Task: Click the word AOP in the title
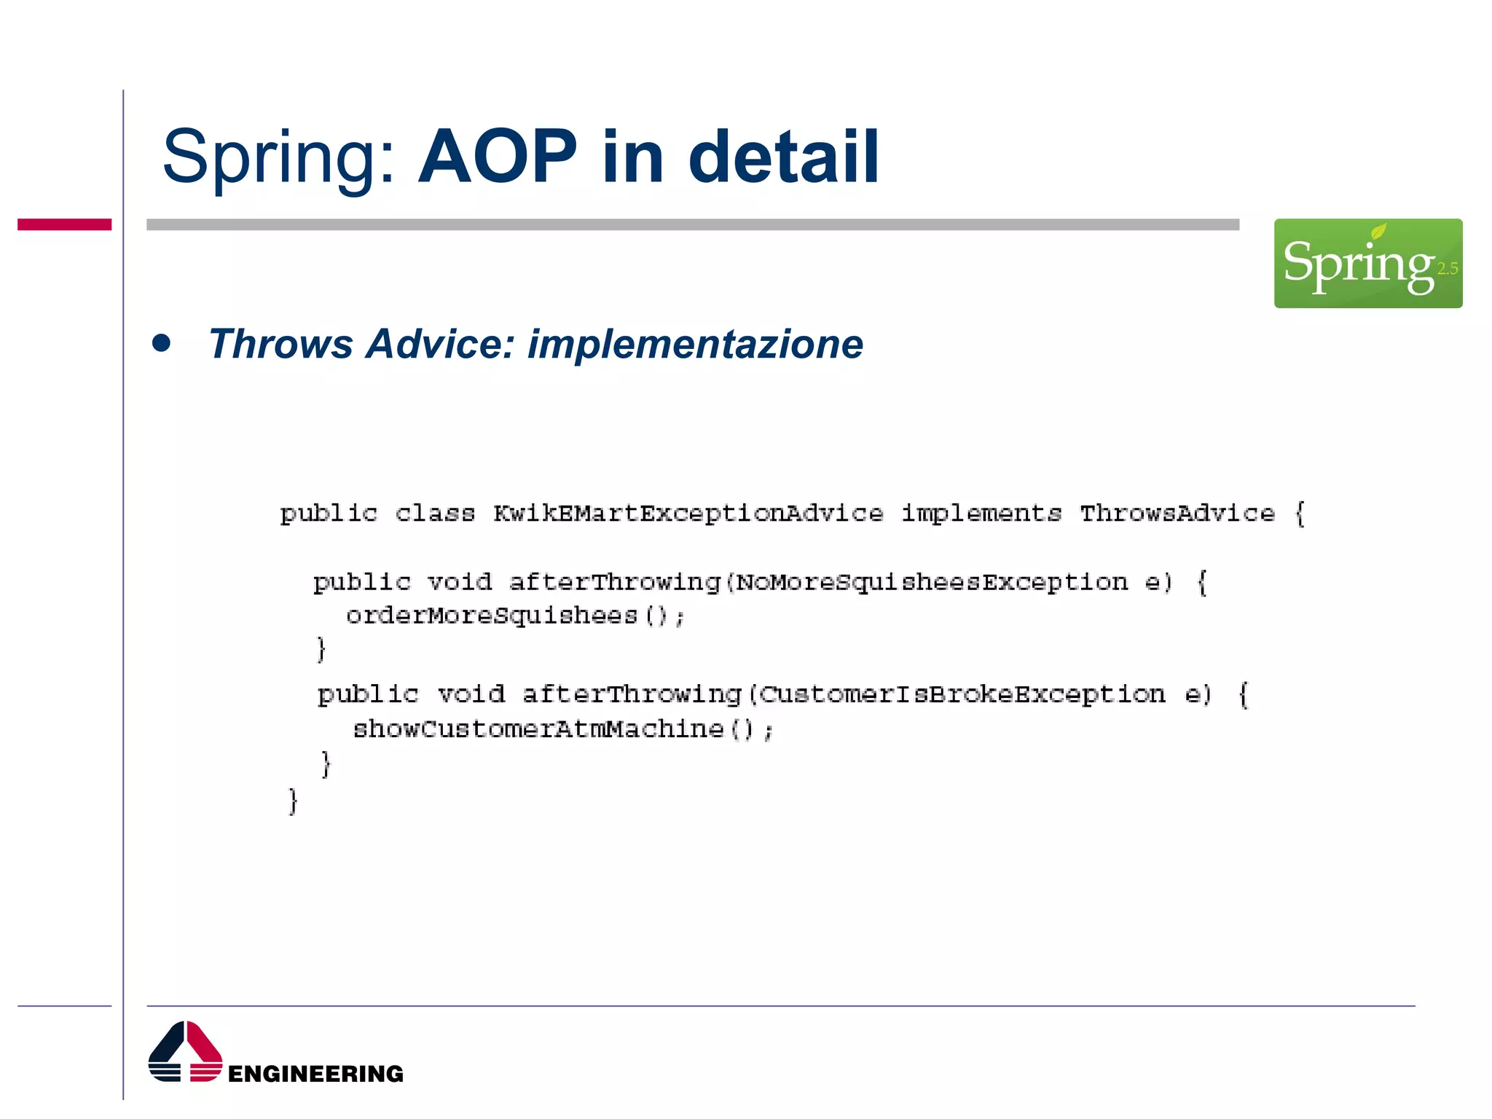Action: click(x=498, y=157)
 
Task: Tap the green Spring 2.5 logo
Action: click(x=1367, y=263)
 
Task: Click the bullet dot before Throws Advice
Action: click(x=162, y=343)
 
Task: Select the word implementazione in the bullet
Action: click(x=695, y=344)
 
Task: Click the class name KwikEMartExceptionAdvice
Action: click(x=688, y=514)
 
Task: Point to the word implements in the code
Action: click(x=981, y=514)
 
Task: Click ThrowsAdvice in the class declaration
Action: click(x=1177, y=514)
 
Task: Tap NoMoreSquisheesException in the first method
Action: click(x=932, y=582)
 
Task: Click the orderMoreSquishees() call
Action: click(x=515, y=616)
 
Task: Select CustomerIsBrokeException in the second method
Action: click(x=962, y=694)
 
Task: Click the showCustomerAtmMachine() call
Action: click(x=562, y=729)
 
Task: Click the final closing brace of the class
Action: click(x=293, y=801)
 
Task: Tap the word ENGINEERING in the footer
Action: click(x=315, y=1074)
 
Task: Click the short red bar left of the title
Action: click(x=64, y=224)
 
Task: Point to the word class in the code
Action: click(x=435, y=514)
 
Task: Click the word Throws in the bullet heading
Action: click(x=280, y=344)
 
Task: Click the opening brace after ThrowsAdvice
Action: click(x=1300, y=514)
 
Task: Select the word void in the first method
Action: click(x=460, y=582)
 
